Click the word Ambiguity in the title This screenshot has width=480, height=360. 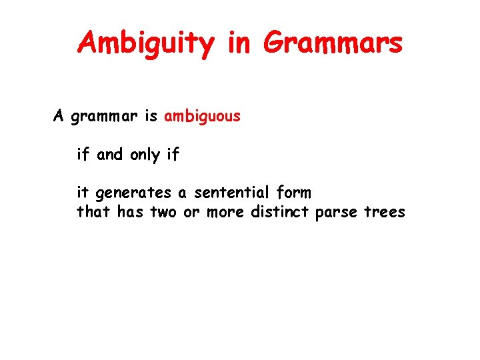click(146, 43)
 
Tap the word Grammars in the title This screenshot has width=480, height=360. click(333, 43)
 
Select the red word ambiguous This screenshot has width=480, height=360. click(202, 117)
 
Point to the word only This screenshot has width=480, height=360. click(145, 155)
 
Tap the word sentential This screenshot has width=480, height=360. click(232, 193)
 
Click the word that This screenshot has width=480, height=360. click(94, 212)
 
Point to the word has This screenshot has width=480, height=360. click(130, 212)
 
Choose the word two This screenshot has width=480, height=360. click(163, 213)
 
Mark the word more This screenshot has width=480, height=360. click(225, 213)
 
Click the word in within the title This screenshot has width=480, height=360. click(238, 43)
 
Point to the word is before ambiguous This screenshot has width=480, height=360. click(151, 117)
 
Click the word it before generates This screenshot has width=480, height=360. click(83, 193)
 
